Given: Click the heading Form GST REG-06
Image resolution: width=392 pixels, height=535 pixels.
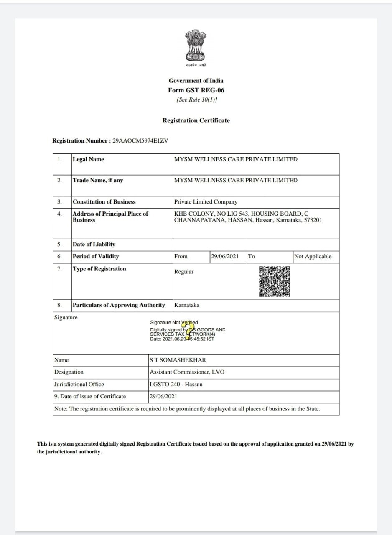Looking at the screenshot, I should (196, 90).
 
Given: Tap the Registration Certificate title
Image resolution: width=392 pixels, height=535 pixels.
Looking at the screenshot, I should (196, 120).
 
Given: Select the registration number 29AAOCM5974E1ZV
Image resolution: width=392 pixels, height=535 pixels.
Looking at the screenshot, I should (140, 140).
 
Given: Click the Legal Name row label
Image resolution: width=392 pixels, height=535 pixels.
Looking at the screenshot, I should (88, 159).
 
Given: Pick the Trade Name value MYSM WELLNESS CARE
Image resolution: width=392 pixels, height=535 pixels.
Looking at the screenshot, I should (236, 180).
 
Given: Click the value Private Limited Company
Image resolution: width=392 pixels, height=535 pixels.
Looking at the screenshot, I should (206, 202).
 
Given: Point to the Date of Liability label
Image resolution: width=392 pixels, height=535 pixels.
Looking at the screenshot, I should (94, 244).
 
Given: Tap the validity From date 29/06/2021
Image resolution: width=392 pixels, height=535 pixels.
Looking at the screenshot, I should (225, 256).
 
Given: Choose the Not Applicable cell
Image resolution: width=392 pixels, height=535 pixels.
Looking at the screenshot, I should (313, 256).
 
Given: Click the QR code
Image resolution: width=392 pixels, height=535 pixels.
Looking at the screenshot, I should (275, 281).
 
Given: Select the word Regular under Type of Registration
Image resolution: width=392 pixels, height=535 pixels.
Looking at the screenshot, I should (184, 272).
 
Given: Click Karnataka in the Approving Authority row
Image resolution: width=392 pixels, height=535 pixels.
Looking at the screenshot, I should (187, 305).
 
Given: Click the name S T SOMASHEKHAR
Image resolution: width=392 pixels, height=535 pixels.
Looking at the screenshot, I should (178, 360).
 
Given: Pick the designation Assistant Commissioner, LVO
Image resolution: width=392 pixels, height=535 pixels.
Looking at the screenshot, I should (187, 372).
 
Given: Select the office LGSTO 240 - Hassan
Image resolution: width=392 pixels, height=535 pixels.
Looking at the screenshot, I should (176, 384).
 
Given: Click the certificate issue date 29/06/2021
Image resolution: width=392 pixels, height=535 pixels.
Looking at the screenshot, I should (163, 396).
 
